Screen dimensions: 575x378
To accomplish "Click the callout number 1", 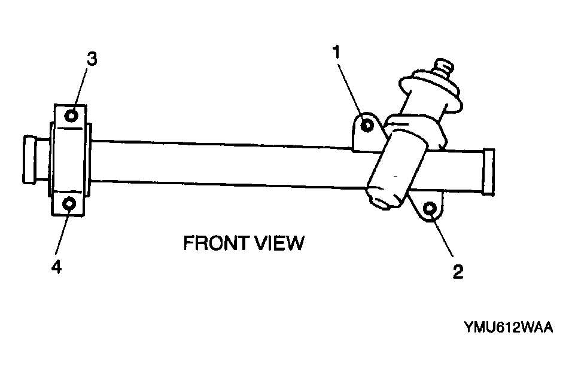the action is click(336, 52).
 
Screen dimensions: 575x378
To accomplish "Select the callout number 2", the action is click(458, 272).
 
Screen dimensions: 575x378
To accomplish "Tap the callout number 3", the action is click(92, 59).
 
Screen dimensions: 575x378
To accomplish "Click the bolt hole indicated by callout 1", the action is click(367, 126).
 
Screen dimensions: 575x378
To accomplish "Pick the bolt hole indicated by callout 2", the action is click(430, 209).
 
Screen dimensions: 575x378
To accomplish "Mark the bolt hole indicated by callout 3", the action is click(71, 116).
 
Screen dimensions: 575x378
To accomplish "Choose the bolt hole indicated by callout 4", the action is click(69, 203).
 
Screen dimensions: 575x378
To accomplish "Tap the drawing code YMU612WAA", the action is click(508, 327).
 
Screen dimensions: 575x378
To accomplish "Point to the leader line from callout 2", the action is click(442, 234).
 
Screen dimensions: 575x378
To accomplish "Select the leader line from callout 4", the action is click(62, 231).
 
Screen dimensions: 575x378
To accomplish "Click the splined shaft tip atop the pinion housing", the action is click(443, 67).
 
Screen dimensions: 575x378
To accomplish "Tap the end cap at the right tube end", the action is click(489, 172).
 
